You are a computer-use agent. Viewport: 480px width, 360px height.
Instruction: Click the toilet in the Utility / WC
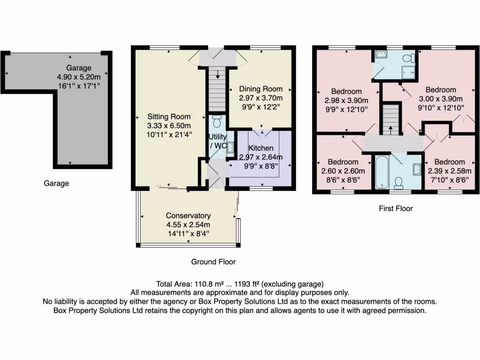pyautogui.click(x=216, y=121)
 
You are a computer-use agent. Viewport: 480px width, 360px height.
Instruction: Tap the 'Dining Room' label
pyautogui.click(x=261, y=89)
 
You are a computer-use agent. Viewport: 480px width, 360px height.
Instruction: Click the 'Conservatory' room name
pyautogui.click(x=188, y=216)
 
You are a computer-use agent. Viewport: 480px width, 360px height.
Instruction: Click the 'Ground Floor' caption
pyautogui.click(x=213, y=262)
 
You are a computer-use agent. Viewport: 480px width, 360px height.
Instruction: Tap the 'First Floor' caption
pyautogui.click(x=396, y=208)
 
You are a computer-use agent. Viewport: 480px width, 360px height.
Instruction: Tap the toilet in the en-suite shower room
pyautogui.click(x=412, y=58)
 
